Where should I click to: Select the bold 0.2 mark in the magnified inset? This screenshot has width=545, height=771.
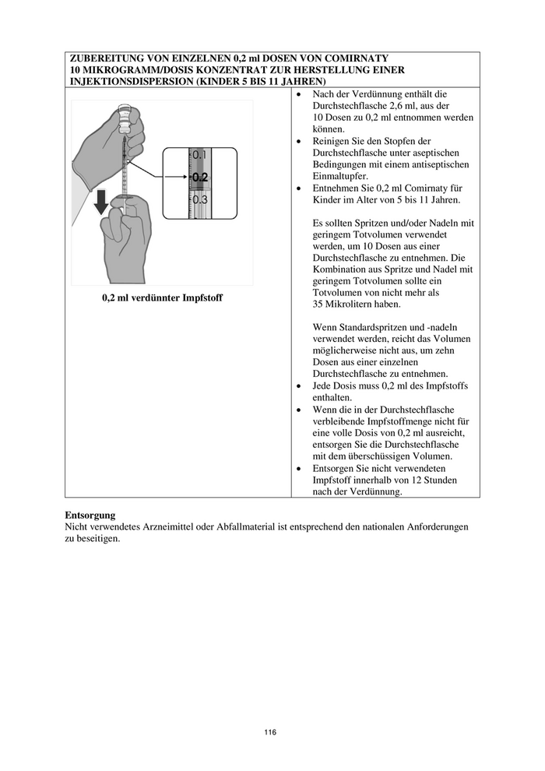pyautogui.click(x=199, y=177)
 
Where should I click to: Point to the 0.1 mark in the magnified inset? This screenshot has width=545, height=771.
pyautogui.click(x=199, y=156)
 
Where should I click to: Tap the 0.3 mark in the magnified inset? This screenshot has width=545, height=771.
pyautogui.click(x=199, y=199)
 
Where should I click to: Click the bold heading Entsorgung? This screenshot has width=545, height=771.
pyautogui.click(x=90, y=516)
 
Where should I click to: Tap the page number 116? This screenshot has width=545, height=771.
pyautogui.click(x=270, y=732)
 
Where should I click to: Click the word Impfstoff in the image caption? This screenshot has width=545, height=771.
pyautogui.click(x=199, y=297)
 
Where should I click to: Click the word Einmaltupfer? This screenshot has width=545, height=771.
pyautogui.click(x=340, y=176)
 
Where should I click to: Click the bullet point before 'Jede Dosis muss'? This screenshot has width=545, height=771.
pyautogui.click(x=301, y=386)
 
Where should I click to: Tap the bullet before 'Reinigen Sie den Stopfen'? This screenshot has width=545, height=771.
pyautogui.click(x=301, y=141)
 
